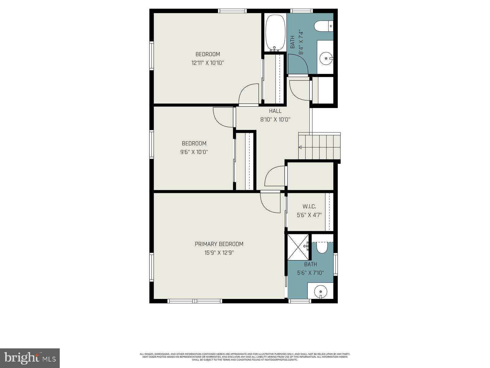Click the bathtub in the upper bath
click(275, 33)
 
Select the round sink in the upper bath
click(326, 57)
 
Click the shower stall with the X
click(298, 247)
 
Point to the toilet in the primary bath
click(322, 247)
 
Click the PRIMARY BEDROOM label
click(219, 244)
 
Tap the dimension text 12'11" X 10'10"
click(208, 63)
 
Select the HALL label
click(275, 111)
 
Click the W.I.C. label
click(309, 206)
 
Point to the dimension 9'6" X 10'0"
click(194, 152)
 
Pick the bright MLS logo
click(30, 358)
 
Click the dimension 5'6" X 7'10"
click(311, 273)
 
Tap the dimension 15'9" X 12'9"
click(219, 253)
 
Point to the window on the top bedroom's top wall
click(232, 11)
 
